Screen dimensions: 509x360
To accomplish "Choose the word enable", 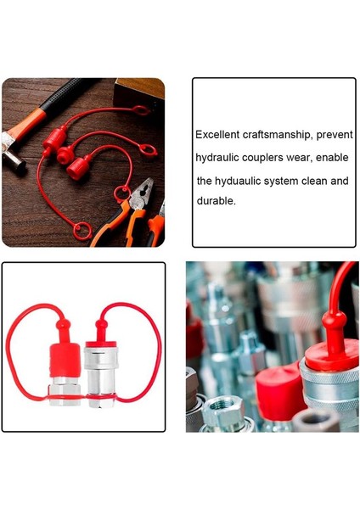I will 335,158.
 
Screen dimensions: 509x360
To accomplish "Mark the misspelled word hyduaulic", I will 244,181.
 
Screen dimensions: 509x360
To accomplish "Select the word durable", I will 216,203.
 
